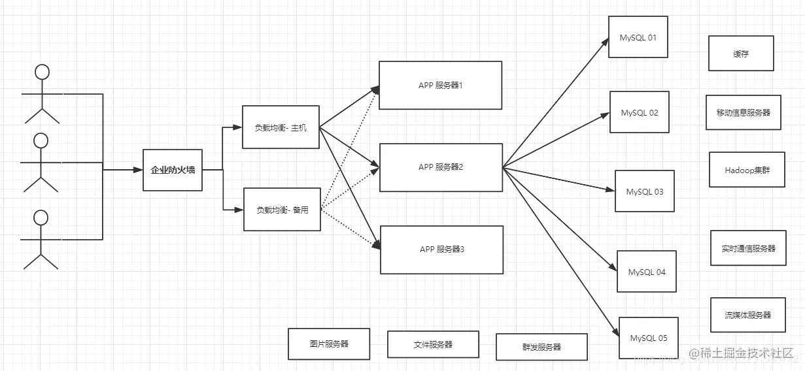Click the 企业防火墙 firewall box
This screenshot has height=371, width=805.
click(x=173, y=170)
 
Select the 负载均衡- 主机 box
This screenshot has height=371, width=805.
click(x=281, y=127)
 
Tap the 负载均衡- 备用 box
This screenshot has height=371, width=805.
click(x=282, y=210)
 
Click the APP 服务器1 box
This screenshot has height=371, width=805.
click(x=440, y=86)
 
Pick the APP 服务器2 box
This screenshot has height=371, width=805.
click(x=441, y=167)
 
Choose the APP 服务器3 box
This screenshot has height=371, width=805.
click(x=441, y=250)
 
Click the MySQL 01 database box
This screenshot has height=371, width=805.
click(x=638, y=38)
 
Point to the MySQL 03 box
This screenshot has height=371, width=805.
click(x=644, y=192)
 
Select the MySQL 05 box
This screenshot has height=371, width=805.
click(x=648, y=338)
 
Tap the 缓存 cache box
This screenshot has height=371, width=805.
click(x=741, y=54)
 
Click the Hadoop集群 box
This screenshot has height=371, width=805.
click(x=747, y=170)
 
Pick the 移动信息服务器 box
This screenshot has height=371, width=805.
click(x=743, y=112)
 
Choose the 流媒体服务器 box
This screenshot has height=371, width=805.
click(x=747, y=315)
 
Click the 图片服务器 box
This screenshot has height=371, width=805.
click(x=329, y=344)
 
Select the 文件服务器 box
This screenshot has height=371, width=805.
click(x=433, y=344)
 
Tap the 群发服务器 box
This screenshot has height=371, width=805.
click(x=541, y=347)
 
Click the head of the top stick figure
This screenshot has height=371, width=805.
click(x=42, y=72)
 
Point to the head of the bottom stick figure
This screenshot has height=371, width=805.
click(x=41, y=218)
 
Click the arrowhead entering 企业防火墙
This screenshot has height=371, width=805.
click(x=138, y=170)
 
